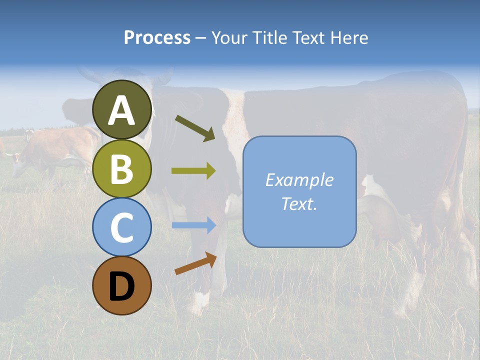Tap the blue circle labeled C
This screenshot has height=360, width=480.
coord(122,227)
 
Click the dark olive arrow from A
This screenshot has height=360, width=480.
coord(195,128)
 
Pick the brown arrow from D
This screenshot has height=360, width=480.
coord(195,263)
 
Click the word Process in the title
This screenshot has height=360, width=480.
coord(157,38)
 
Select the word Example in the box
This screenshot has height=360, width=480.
coord(299,180)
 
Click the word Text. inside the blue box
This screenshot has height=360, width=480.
coord(299,203)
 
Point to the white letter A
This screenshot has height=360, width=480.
coord(122,110)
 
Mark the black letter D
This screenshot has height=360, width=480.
coord(122,286)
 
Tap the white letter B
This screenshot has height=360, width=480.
coord(122,169)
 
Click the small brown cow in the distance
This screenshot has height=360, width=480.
coord(50,147)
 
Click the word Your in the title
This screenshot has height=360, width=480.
coord(230,38)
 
